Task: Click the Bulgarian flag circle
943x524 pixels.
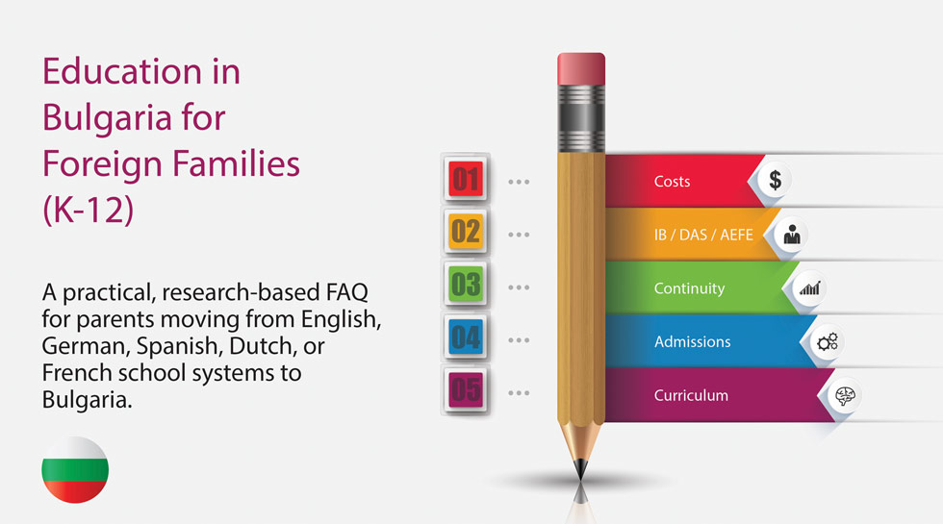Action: (x=75, y=470)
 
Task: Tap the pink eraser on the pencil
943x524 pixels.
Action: (x=581, y=69)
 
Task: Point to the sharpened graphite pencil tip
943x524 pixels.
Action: (x=581, y=469)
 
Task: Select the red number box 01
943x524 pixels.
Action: (x=466, y=179)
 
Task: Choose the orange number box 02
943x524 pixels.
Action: (x=466, y=232)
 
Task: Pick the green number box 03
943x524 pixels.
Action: (x=466, y=285)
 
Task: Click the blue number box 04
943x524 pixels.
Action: (x=466, y=337)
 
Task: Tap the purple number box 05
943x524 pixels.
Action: (x=466, y=390)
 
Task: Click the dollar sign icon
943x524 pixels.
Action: (x=776, y=180)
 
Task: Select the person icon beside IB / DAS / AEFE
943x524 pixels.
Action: (x=792, y=235)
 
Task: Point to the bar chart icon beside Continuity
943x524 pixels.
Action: (x=809, y=288)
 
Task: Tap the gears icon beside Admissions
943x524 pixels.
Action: (x=828, y=342)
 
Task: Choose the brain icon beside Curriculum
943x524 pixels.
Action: (x=845, y=395)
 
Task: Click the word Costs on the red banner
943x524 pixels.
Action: (x=672, y=182)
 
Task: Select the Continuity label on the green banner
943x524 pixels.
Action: (x=689, y=288)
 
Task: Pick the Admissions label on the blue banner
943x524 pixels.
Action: (x=692, y=342)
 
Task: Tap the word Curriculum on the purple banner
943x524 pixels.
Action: (x=691, y=395)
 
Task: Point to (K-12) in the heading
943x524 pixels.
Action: (x=89, y=210)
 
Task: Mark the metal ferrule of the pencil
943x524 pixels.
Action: (x=581, y=118)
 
